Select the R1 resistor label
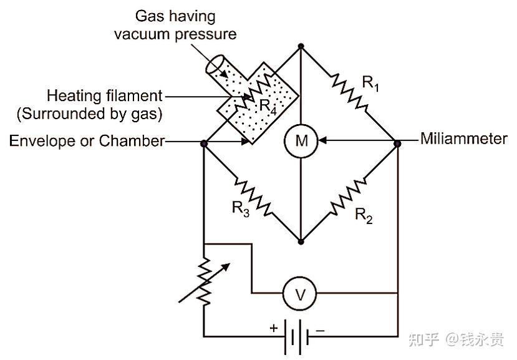click(370, 83)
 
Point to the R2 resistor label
click(364, 215)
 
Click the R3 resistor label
click(241, 209)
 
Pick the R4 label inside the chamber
click(268, 107)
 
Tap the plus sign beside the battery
click(274, 328)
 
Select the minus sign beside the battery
click(320, 330)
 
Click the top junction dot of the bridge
click(301, 46)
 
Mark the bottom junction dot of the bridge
click(301, 242)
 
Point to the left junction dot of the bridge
click(204, 144)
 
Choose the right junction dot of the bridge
click(398, 144)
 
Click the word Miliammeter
click(464, 139)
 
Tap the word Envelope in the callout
click(42, 141)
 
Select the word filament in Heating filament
click(134, 95)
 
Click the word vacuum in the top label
click(142, 34)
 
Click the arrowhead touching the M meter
click(322, 140)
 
